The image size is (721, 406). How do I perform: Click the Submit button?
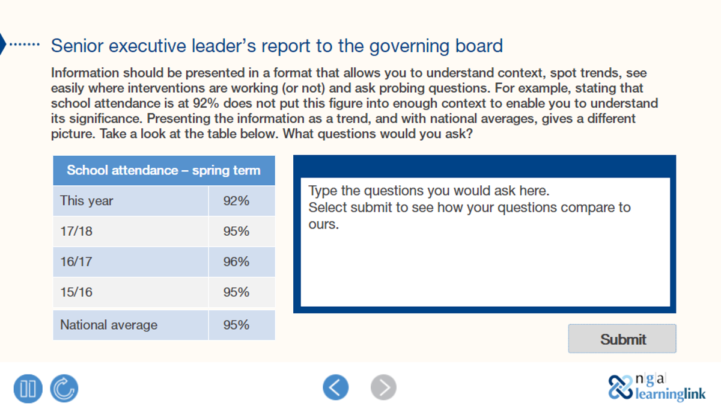coord(622,339)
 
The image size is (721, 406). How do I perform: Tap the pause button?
coord(28,388)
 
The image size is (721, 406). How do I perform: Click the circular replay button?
coord(64,388)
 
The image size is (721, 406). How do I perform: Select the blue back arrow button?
coord(335,387)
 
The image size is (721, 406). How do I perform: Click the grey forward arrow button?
coord(383,387)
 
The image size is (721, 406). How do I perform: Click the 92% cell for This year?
coord(236,201)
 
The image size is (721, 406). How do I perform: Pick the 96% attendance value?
coord(236,262)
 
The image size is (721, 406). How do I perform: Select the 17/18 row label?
coord(76,231)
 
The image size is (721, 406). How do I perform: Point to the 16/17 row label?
coord(76,262)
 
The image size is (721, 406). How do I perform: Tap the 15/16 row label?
coord(76,292)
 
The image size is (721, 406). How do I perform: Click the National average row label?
coord(109,325)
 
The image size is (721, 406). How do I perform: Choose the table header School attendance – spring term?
coord(163,170)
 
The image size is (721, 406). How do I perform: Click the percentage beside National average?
coord(236,325)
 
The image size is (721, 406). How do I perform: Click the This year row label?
coord(87,201)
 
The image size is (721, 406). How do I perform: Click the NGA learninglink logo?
coord(657,387)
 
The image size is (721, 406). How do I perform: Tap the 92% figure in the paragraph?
coord(207,103)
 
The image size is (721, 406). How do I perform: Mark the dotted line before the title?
coord(25,45)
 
